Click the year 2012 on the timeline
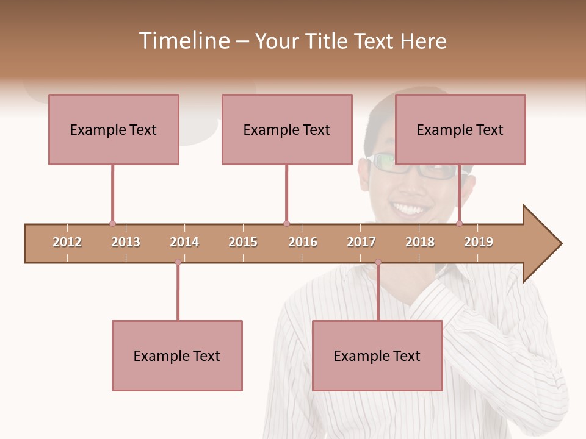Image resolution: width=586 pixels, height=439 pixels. click(x=67, y=242)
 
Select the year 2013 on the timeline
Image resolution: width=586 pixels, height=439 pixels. click(x=126, y=242)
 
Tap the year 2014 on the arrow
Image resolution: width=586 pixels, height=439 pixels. click(x=184, y=242)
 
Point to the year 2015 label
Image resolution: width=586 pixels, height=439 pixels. click(x=243, y=242)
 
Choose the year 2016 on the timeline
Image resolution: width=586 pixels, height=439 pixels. click(x=303, y=242)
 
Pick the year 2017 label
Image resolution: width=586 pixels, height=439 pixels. click(x=361, y=242)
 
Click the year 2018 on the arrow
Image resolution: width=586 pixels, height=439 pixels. click(x=420, y=242)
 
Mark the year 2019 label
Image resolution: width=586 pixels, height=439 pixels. click(x=479, y=242)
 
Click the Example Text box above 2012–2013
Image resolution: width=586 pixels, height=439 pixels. click(x=114, y=129)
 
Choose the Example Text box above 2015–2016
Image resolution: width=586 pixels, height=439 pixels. click(x=287, y=129)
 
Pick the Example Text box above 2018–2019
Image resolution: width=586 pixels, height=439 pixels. click(x=460, y=129)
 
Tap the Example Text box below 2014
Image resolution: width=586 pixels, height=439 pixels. click(x=177, y=355)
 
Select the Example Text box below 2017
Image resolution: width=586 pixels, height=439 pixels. click(x=377, y=355)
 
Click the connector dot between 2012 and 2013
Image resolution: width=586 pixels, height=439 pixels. click(x=112, y=223)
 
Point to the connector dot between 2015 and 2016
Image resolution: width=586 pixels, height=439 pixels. click(x=287, y=223)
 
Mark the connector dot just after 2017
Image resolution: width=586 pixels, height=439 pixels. click(x=378, y=262)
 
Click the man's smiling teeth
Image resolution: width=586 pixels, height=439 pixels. click(x=410, y=209)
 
